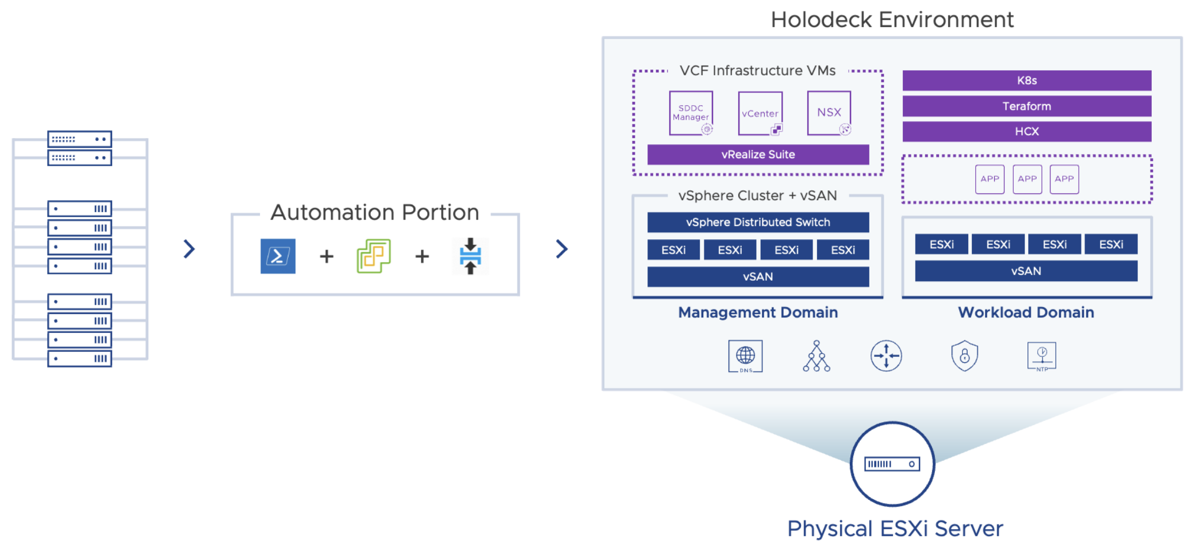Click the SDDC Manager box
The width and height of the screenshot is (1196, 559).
click(x=691, y=113)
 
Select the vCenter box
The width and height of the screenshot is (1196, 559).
click(x=760, y=113)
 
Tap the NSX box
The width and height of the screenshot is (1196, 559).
click(x=829, y=113)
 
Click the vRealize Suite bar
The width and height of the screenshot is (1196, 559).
click(x=758, y=155)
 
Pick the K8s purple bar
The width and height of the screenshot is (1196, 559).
click(x=1026, y=81)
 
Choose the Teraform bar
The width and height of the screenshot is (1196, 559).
click(x=1026, y=106)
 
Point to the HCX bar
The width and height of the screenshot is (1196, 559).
click(x=1026, y=132)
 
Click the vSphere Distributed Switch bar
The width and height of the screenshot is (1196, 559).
click(x=758, y=223)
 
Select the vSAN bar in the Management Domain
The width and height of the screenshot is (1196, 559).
click(x=758, y=277)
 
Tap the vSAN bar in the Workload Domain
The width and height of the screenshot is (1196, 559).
click(x=1026, y=271)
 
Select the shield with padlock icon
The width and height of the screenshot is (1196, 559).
click(x=964, y=356)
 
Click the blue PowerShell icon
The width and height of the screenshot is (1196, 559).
click(x=278, y=256)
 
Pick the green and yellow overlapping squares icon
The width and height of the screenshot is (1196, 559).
click(x=374, y=256)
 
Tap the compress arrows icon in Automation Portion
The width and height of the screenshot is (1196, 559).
click(x=470, y=256)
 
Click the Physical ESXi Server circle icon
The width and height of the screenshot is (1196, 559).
click(x=892, y=464)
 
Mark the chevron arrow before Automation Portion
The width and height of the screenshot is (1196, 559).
click(x=189, y=249)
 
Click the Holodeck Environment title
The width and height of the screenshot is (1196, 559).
click(x=892, y=20)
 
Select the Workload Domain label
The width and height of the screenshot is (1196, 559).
click(x=1026, y=312)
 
